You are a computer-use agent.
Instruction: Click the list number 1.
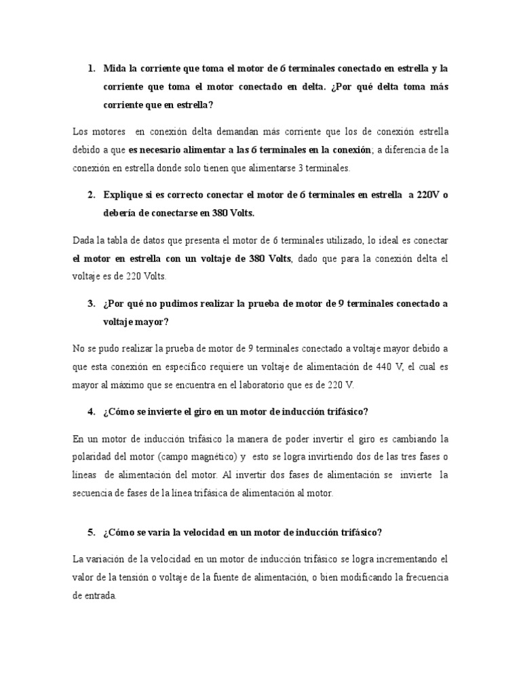pos(92,69)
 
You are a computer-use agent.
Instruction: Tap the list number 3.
pos(92,303)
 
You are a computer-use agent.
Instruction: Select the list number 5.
pos(92,533)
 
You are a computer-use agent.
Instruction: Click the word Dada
pos(83,240)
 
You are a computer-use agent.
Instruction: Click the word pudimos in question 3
pos(177,303)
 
